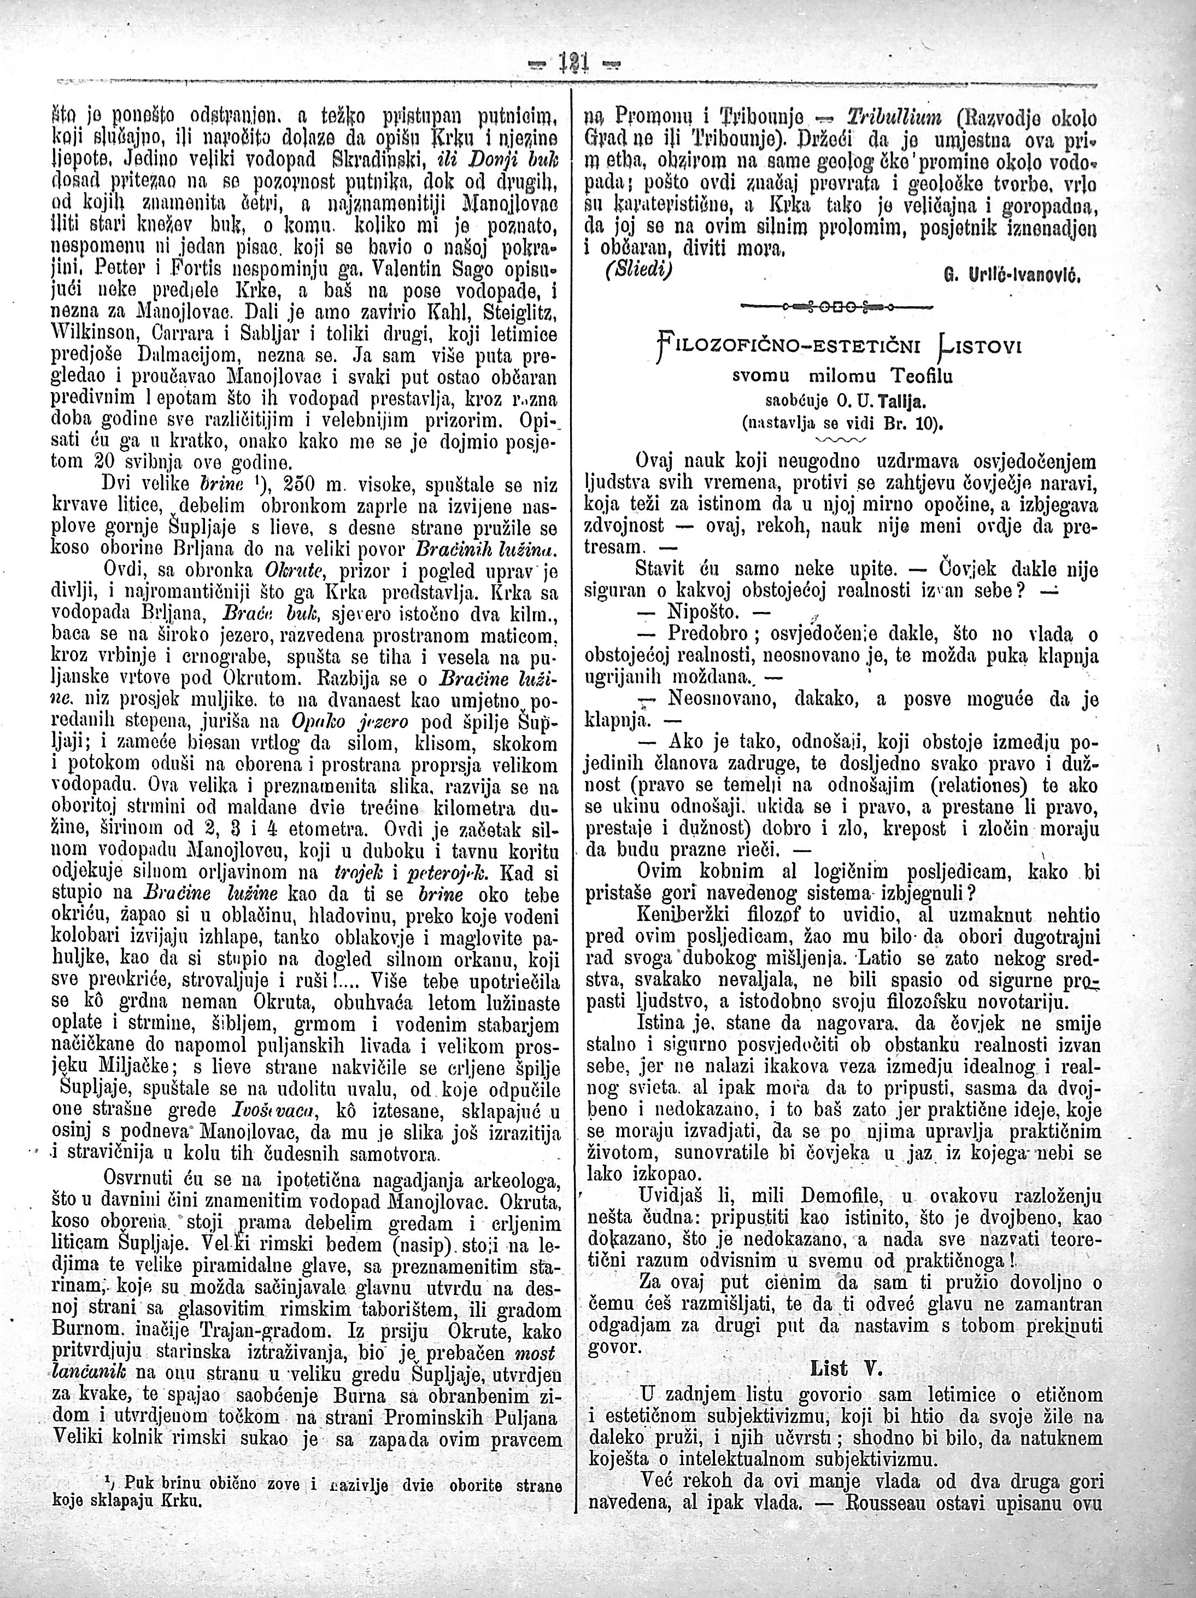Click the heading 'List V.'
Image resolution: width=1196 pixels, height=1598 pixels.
pos(843,1367)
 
